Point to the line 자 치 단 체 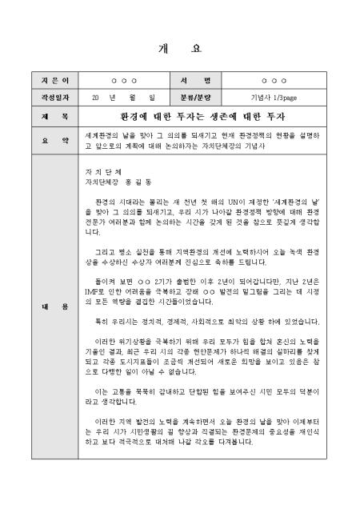109,172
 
